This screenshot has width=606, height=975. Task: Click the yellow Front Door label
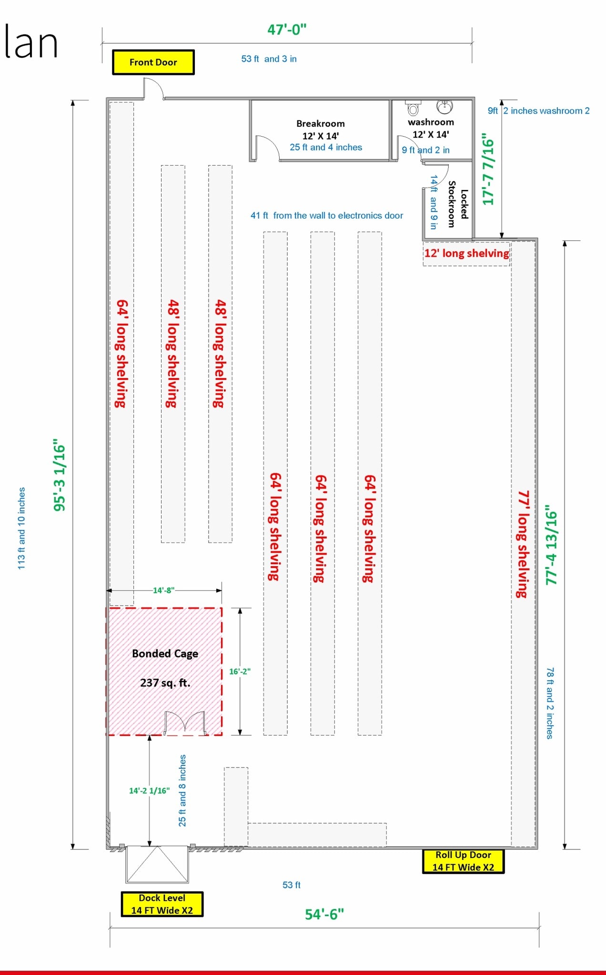click(153, 62)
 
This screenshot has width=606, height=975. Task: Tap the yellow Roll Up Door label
click(463, 861)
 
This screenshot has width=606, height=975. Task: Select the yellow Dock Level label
click(162, 904)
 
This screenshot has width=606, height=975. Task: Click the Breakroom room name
click(321, 123)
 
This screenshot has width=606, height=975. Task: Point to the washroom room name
click(431, 122)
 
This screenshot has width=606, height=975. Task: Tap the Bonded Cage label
click(165, 654)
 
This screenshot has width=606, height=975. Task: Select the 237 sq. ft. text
click(165, 683)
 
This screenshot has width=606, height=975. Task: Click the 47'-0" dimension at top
click(287, 30)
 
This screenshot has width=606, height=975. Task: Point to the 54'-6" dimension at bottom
click(324, 914)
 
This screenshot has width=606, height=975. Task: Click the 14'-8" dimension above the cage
click(163, 590)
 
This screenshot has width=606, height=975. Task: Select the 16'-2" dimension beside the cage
click(240, 671)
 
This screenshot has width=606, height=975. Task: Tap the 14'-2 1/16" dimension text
click(149, 791)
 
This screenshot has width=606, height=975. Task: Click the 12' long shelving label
click(467, 253)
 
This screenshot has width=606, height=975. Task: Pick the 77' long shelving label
click(523, 544)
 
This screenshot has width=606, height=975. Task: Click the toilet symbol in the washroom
click(413, 108)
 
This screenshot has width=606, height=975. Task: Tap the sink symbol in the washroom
click(444, 107)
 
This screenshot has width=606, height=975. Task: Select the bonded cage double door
click(185, 722)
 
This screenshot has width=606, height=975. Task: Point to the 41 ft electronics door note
click(327, 216)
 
